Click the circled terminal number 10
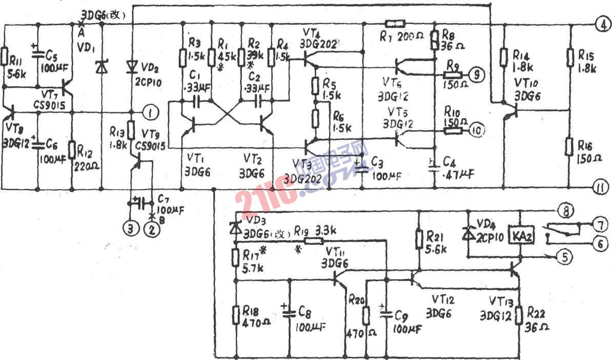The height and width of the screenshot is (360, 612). point(476,130)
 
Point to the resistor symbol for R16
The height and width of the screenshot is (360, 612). point(569,146)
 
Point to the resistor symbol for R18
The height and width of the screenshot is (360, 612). point(236,313)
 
